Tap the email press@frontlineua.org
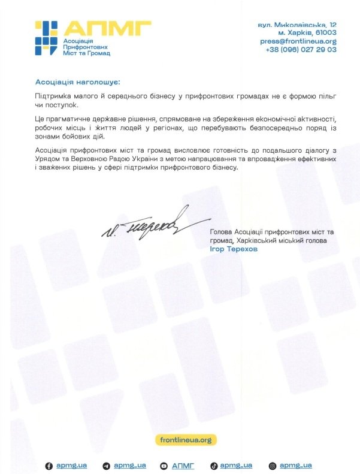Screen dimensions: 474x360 pos(298,41)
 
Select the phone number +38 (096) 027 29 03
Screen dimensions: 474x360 pos(301,50)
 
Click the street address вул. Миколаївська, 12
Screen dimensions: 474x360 pos(297,25)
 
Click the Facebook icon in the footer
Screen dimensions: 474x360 pos(50,466)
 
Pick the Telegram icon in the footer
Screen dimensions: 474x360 pos(106,466)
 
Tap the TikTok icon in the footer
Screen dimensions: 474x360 pos(213,466)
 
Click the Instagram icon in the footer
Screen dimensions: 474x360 pos(273,466)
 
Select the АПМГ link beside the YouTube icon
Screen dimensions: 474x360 pos(183,466)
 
